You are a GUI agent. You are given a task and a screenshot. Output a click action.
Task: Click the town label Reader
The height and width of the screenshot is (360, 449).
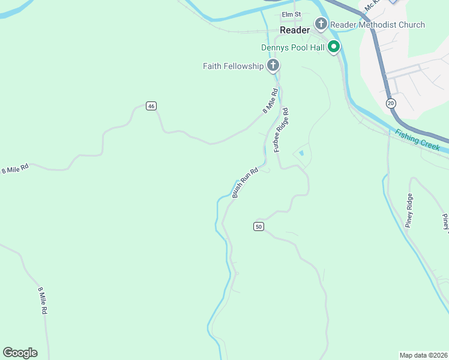click(x=295, y=30)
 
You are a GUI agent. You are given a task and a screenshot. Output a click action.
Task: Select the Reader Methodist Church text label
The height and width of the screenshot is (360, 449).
click(x=378, y=25)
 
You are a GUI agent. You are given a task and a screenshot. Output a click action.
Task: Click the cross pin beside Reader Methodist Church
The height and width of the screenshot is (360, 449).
click(x=321, y=24)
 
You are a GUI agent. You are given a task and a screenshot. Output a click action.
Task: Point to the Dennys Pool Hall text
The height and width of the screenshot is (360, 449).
click(x=292, y=47)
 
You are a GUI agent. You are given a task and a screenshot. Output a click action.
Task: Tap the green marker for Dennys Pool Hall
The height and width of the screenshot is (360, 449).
click(x=333, y=47)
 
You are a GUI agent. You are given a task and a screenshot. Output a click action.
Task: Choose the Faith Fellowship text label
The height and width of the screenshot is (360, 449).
click(x=233, y=66)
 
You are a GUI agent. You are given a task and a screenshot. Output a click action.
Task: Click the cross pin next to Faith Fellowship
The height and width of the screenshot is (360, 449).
click(x=273, y=65)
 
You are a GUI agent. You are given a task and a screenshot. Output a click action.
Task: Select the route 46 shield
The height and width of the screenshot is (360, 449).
click(x=151, y=106)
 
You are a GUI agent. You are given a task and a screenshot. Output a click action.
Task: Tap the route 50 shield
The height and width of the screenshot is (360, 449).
click(x=258, y=226)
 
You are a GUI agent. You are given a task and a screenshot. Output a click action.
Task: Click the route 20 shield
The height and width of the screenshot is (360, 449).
click(x=391, y=104)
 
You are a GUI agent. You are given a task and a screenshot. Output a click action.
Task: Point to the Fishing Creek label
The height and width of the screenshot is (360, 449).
click(x=418, y=140)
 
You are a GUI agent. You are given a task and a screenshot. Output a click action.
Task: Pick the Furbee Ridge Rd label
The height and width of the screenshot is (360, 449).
click(x=282, y=130)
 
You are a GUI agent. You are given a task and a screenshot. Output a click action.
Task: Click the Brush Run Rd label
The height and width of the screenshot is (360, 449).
click(x=245, y=182)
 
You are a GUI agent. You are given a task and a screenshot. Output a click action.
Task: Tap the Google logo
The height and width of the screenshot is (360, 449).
click(x=20, y=353)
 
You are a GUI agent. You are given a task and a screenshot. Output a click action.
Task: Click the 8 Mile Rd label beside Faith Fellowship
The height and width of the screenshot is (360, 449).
click(x=271, y=101)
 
